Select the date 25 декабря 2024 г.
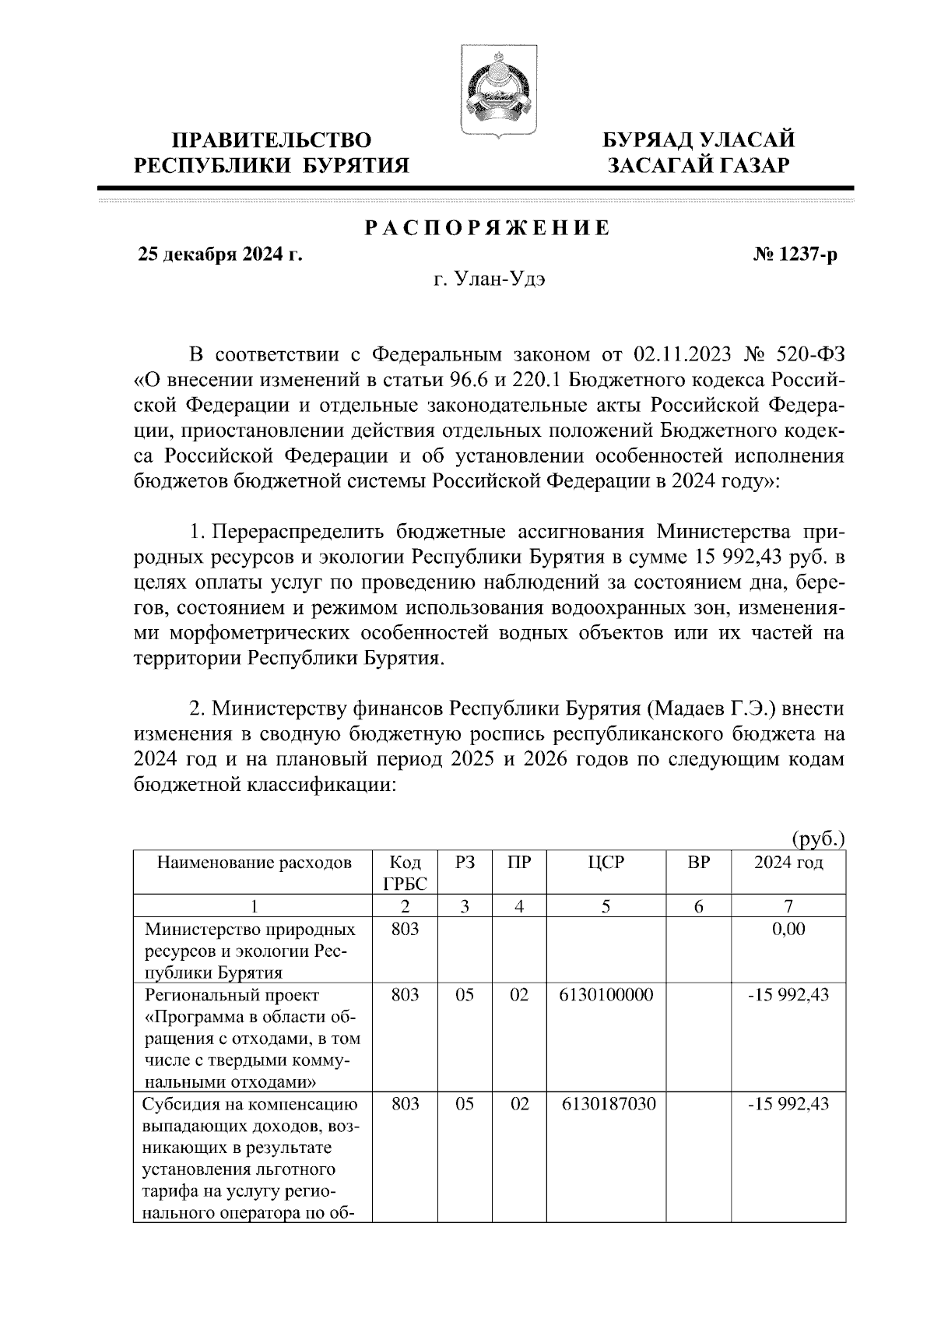pyautogui.click(x=220, y=255)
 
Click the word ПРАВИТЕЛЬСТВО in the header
pyautogui.click(x=272, y=141)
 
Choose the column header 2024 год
pyautogui.click(x=788, y=863)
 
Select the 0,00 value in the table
pyautogui.click(x=788, y=929)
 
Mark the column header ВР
pyautogui.click(x=698, y=863)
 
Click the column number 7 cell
pyautogui.click(x=788, y=905)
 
